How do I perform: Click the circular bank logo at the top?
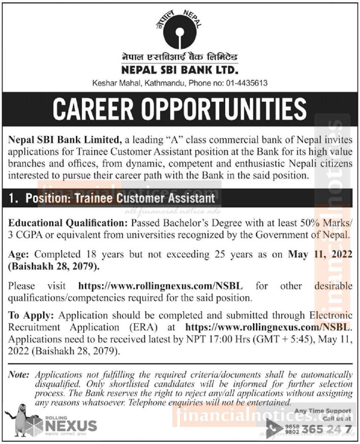(x=180, y=32)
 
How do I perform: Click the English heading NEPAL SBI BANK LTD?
(x=180, y=70)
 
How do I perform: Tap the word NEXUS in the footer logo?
(x=71, y=426)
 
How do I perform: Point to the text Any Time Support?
(x=323, y=411)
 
